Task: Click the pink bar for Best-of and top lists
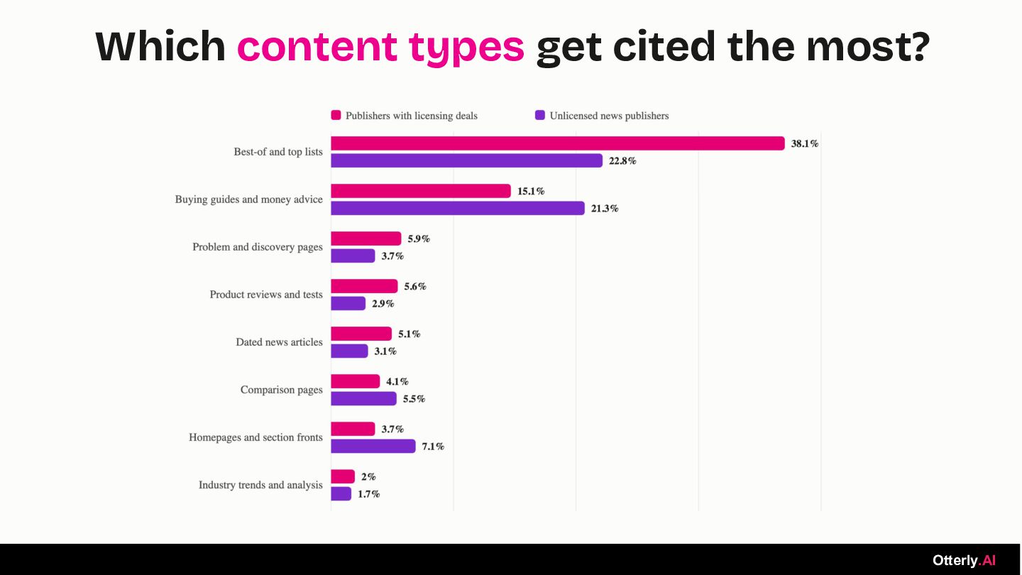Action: pos(558,143)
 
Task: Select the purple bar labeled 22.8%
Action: pos(466,160)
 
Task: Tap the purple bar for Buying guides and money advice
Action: pos(458,208)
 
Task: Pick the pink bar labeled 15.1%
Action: pos(421,191)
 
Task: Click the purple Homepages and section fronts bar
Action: pos(373,446)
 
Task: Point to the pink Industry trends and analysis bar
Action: pos(343,476)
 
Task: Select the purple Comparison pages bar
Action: pos(363,398)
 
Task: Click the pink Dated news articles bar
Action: pos(361,334)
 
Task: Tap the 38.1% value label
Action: pos(804,143)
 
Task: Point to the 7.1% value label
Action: pos(432,447)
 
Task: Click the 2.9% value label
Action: pos(383,304)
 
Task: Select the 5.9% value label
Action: pos(419,239)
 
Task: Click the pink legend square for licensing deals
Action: pos(336,115)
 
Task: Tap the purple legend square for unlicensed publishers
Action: pos(539,115)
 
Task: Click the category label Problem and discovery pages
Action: pos(258,247)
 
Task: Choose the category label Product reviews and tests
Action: pos(266,295)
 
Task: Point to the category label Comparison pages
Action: pos(282,390)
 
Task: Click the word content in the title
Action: pos(317,46)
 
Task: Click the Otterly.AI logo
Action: pos(964,560)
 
